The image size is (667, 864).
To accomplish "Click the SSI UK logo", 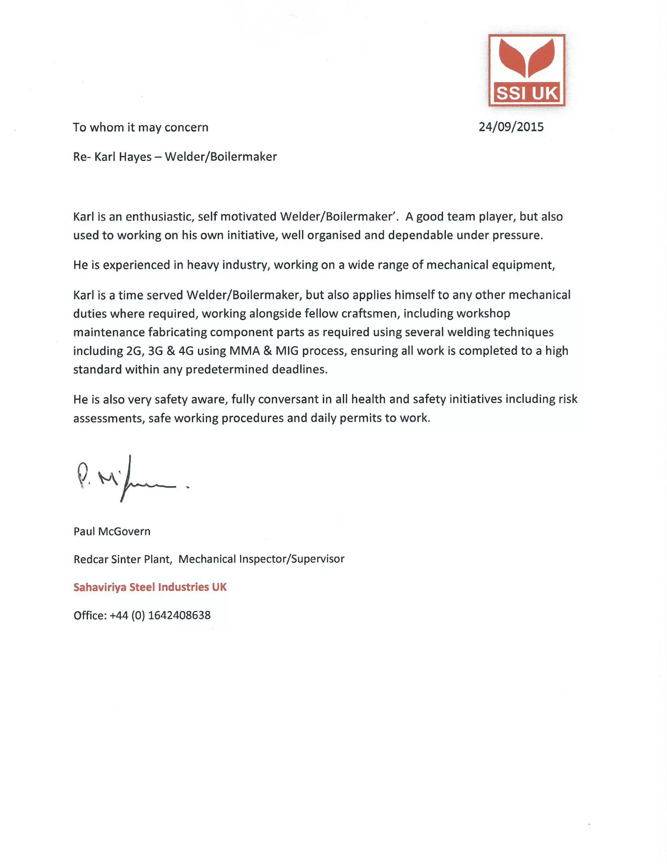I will (x=527, y=70).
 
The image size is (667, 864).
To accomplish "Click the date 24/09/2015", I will (x=511, y=127).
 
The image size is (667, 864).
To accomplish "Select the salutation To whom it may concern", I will (x=140, y=127).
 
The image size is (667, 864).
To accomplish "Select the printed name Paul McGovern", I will (x=112, y=531).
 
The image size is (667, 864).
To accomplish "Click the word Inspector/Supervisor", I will (x=291, y=559).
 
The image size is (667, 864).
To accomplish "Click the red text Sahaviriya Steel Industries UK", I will (x=150, y=587).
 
